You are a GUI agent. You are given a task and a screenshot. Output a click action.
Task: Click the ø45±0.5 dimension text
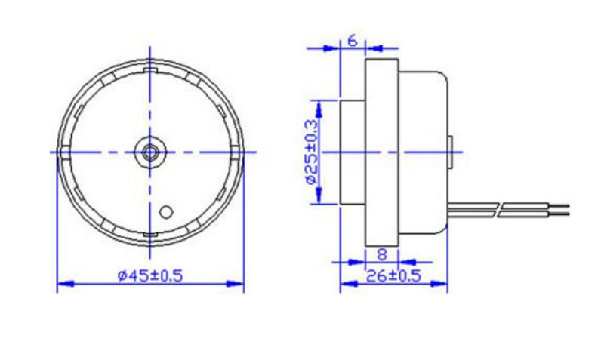point(150,275)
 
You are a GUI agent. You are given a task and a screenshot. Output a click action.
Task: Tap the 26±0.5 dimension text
point(393,275)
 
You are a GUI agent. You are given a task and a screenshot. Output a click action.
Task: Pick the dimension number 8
point(382,254)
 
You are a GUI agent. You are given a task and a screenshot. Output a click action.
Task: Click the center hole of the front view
point(149,152)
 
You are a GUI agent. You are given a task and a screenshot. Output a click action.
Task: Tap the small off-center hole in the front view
point(168,211)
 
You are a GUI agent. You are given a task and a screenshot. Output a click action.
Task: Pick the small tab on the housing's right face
point(450,152)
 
